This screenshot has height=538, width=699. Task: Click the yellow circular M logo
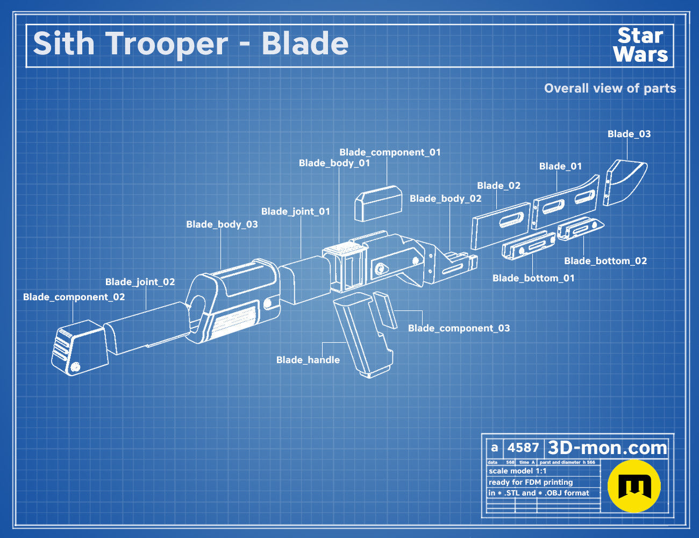[x=634, y=486]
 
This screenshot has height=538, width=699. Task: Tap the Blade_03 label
[x=629, y=134]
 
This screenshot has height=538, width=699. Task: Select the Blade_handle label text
[x=308, y=360]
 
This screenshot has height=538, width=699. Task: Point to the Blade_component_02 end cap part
[x=80, y=348]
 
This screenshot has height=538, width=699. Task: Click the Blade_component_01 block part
[x=379, y=203]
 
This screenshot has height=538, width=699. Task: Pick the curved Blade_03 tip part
[x=624, y=182]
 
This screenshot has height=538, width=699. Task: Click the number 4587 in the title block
[x=523, y=448]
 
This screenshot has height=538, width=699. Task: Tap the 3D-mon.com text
[x=607, y=448]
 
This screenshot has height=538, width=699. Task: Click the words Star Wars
[x=640, y=45]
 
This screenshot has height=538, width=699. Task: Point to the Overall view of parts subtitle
[x=610, y=88]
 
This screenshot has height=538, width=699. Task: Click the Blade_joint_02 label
[x=140, y=282]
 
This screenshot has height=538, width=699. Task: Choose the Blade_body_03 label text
[x=222, y=224]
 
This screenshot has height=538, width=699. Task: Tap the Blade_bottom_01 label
[x=533, y=278]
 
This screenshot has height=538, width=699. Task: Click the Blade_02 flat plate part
[x=501, y=226]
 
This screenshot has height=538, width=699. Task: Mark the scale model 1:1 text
[x=518, y=471]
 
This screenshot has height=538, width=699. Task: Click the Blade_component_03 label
[x=459, y=328]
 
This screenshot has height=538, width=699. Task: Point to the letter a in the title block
[x=495, y=448]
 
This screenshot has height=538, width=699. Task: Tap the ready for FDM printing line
[x=531, y=483]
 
